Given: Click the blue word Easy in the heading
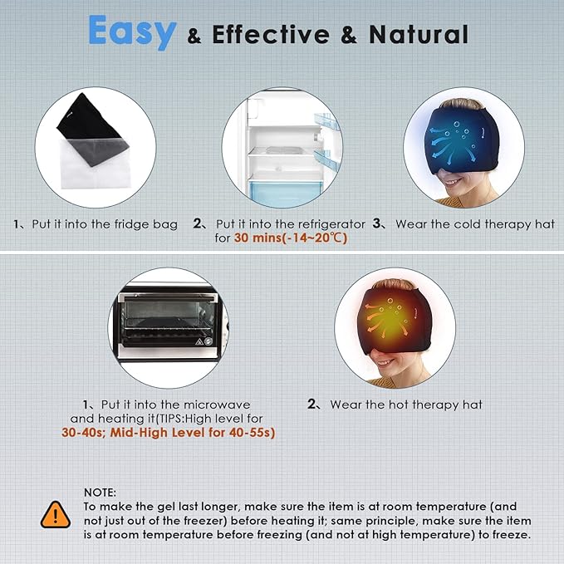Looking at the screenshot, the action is pyautogui.click(x=132, y=32).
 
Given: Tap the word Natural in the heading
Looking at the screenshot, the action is pyautogui.click(x=419, y=35).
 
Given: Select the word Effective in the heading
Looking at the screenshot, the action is pyautogui.click(x=271, y=35).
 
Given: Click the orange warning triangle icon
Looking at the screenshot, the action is pyautogui.click(x=56, y=515).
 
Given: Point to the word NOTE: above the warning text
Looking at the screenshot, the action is pyautogui.click(x=100, y=493).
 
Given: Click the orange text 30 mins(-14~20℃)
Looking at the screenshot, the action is pyautogui.click(x=291, y=238).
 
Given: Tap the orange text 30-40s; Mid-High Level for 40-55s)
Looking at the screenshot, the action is pyautogui.click(x=169, y=433).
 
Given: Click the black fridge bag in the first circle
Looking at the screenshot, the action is pyautogui.click(x=93, y=130).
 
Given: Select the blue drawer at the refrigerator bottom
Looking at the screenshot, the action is pyautogui.click(x=286, y=194).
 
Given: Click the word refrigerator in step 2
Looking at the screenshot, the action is pyautogui.click(x=331, y=225).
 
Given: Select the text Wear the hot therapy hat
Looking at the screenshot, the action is pyautogui.click(x=406, y=405).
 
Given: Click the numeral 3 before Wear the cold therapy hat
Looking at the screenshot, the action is pyautogui.click(x=377, y=223).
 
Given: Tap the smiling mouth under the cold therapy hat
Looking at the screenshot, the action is pyautogui.click(x=452, y=183).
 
